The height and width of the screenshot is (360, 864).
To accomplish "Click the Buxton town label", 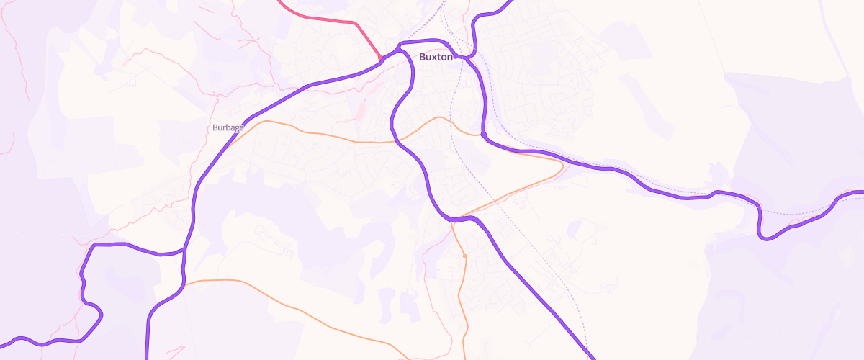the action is (x=436, y=57).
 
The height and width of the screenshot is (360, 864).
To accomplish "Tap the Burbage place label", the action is (x=228, y=127).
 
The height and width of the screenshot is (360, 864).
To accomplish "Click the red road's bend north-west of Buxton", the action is (x=355, y=24).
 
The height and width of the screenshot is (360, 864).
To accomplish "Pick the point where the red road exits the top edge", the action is (x=279, y=1).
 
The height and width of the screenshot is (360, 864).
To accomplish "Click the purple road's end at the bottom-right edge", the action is (x=595, y=358).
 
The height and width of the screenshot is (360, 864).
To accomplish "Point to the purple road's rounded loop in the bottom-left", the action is (x=98, y=314).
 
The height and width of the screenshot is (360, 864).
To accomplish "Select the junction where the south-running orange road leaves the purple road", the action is (x=452, y=220).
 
